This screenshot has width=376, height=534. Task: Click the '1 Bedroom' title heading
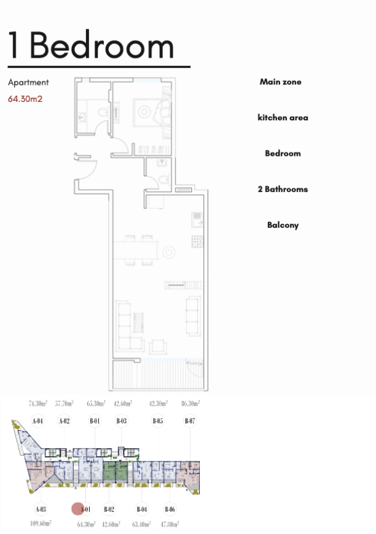[91, 45]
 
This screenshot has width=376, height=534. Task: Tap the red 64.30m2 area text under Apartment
[25, 99]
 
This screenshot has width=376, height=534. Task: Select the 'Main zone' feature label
[280, 82]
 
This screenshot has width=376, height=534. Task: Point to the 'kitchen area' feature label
[283, 117]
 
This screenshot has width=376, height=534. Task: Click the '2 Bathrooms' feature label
[283, 189]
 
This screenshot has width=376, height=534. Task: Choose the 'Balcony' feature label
[283, 225]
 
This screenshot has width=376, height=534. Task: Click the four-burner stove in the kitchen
[197, 241]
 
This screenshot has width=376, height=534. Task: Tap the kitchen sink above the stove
[197, 220]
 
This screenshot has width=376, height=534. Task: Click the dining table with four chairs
[136, 250]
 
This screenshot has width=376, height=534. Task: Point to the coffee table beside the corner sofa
[138, 322]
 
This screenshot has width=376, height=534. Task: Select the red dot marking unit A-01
[78, 509]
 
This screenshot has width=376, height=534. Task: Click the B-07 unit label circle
[190, 421]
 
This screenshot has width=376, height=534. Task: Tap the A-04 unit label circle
[37, 421]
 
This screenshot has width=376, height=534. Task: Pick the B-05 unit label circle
[157, 421]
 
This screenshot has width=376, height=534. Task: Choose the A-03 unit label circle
[41, 509]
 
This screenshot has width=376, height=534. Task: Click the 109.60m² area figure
[41, 523]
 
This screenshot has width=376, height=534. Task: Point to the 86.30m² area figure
[190, 403]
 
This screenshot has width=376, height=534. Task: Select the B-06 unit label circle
[170, 509]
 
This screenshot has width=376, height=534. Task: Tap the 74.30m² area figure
[38, 403]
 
